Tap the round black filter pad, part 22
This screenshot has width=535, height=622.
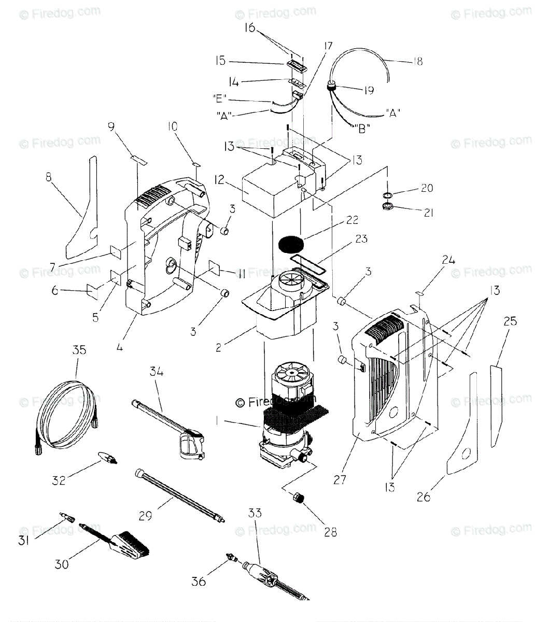click(x=291, y=243)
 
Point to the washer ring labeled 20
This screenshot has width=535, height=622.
click(x=387, y=194)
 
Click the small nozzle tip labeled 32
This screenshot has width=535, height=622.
click(x=106, y=458)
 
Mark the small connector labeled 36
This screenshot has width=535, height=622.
click(x=228, y=558)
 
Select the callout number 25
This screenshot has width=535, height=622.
click(x=510, y=321)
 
